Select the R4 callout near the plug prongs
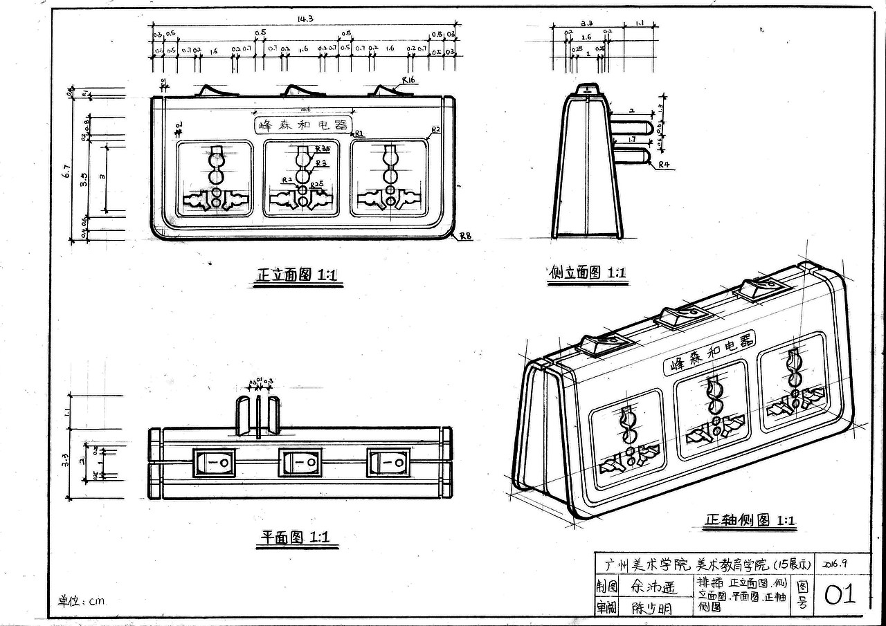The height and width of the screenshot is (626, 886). [x=664, y=165]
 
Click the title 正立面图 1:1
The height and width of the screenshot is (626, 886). [x=297, y=275]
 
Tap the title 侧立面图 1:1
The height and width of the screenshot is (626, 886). [x=587, y=273]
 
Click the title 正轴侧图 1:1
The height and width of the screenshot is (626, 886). [x=750, y=521]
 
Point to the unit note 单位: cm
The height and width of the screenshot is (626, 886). [x=82, y=600]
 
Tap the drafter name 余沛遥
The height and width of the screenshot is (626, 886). [x=652, y=587]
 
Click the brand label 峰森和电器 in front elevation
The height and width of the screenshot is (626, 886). [x=302, y=125]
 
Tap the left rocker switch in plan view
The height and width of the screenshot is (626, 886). [x=214, y=462]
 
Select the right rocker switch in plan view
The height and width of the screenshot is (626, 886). [x=388, y=462]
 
